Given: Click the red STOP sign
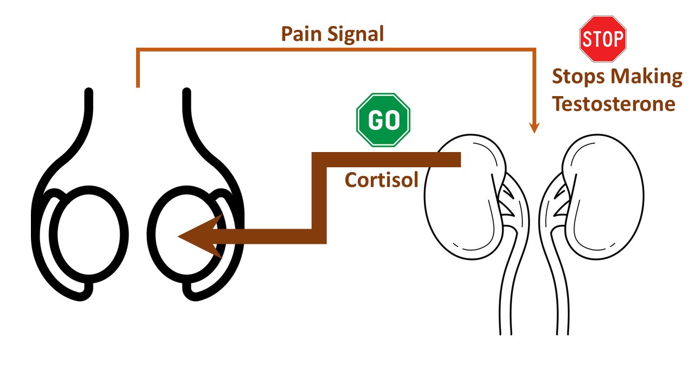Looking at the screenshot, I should (603, 39).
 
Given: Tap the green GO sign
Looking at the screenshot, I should (383, 120).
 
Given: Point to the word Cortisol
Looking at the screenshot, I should (381, 179).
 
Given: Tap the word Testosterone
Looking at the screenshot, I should (614, 103).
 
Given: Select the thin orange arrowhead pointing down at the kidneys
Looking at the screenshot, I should (535, 128).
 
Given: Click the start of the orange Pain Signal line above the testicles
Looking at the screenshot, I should (138, 84).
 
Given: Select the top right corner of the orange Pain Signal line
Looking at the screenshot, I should (535, 50).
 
